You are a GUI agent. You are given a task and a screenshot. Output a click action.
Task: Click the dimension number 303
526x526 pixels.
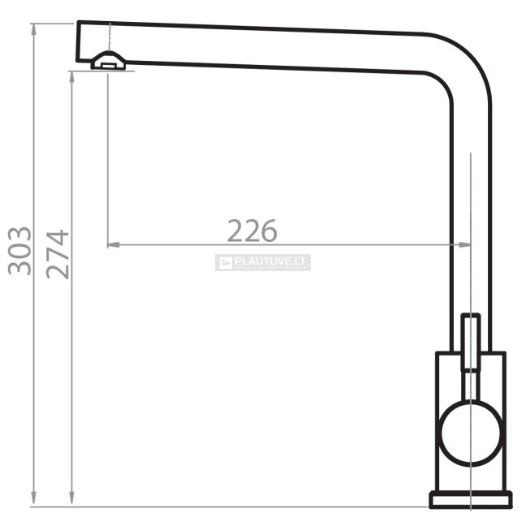coord(19,251)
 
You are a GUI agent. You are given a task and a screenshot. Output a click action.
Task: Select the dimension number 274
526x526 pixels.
coord(58,254)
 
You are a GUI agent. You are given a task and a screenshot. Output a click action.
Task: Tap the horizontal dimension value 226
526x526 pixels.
coord(252,231)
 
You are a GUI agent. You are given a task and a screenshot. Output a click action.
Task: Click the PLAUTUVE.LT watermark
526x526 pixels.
coord(263,262)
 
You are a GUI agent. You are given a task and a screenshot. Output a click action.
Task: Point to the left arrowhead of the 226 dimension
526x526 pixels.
coord(113,245)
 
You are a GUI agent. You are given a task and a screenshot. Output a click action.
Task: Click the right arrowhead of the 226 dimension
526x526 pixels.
coord(465,245)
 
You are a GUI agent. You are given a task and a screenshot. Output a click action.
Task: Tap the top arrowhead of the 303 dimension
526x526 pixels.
coord(33,29)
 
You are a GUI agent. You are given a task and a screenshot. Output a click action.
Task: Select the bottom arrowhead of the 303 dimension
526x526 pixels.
coord(33,501)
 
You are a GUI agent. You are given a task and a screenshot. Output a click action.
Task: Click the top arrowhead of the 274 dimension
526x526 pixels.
coord(71,77)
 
